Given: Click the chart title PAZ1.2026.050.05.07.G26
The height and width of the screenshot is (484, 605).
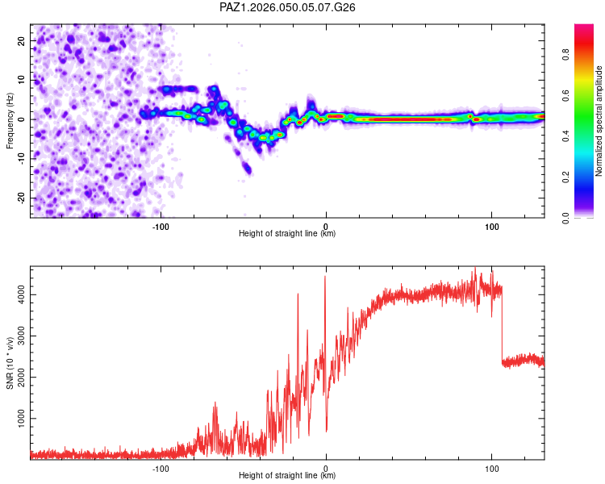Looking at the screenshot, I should click(288, 7).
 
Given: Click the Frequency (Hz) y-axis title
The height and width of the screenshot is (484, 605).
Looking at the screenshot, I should click(10, 120).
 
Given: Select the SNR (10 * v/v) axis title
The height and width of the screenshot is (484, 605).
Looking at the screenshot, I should click(10, 363).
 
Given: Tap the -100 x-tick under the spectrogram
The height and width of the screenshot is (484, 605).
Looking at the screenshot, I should click(161, 225).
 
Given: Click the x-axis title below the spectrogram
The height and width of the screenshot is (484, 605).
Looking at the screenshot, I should click(287, 233).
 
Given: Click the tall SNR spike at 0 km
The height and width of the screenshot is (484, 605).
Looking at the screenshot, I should click(325, 278).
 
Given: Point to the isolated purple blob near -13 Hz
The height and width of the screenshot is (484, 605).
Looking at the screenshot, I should click(247, 169).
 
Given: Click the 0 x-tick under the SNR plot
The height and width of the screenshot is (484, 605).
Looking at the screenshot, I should click(326, 467).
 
